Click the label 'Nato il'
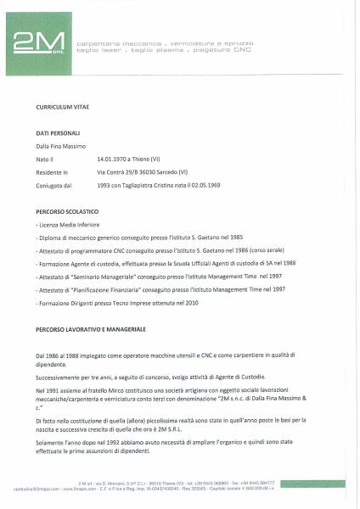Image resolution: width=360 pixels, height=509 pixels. (x=45, y=159)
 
